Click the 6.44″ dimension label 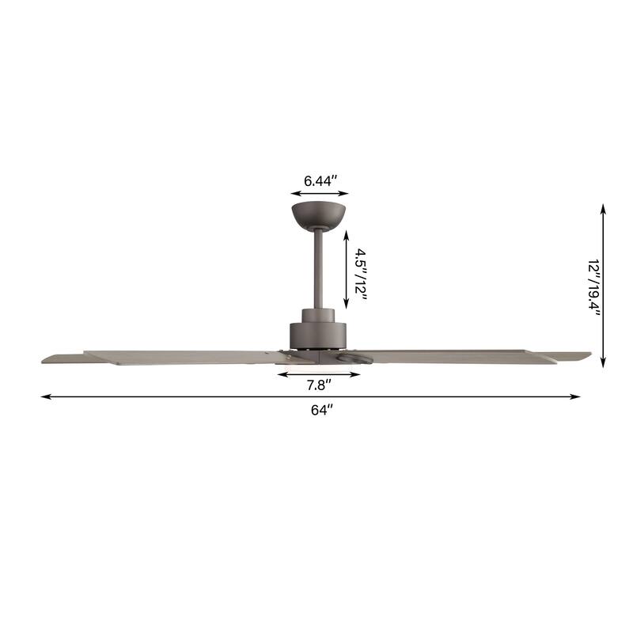[x=320, y=180]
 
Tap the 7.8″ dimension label [x=319, y=385]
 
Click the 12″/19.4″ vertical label [x=594, y=286]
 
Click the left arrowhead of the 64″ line [x=45, y=396]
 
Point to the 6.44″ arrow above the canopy [x=320, y=193]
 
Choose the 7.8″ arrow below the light [x=319, y=373]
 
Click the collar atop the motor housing [x=319, y=315]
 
